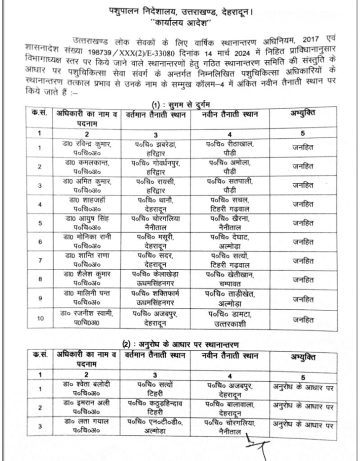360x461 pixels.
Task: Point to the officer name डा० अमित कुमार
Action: (x=87, y=185)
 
